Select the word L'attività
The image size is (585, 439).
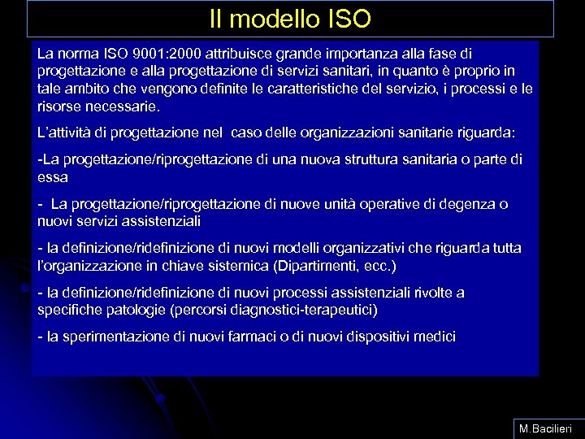click(67, 132)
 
